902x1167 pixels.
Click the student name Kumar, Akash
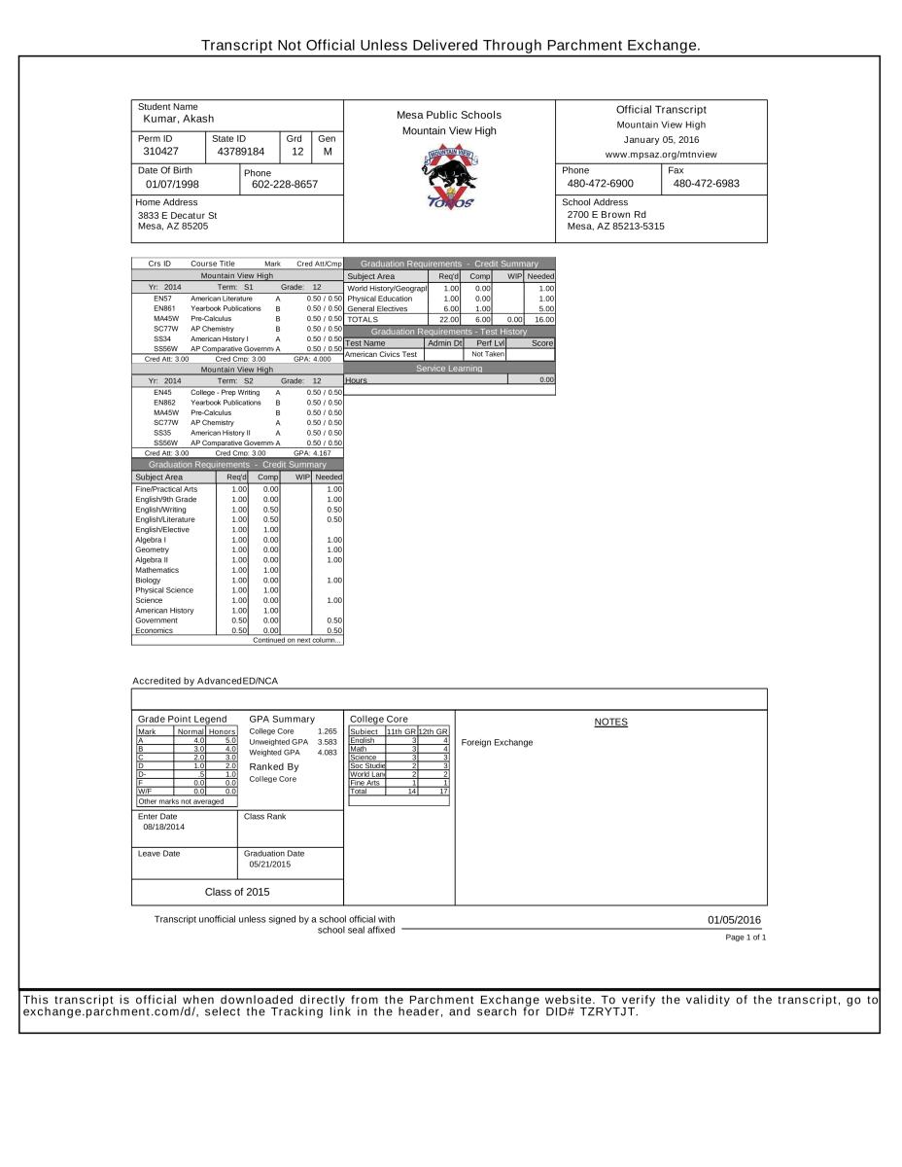178,119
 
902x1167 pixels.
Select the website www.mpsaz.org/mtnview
661,154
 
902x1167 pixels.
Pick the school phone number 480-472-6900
600,183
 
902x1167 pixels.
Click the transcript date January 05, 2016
661,139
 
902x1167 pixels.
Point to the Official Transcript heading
661,110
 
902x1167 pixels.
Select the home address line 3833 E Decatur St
177,215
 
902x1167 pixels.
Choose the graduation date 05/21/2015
270,863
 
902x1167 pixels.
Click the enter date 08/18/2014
162,827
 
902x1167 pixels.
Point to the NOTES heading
610,722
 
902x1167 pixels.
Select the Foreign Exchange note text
497,742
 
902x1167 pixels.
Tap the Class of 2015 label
237,892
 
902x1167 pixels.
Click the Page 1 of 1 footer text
746,937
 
